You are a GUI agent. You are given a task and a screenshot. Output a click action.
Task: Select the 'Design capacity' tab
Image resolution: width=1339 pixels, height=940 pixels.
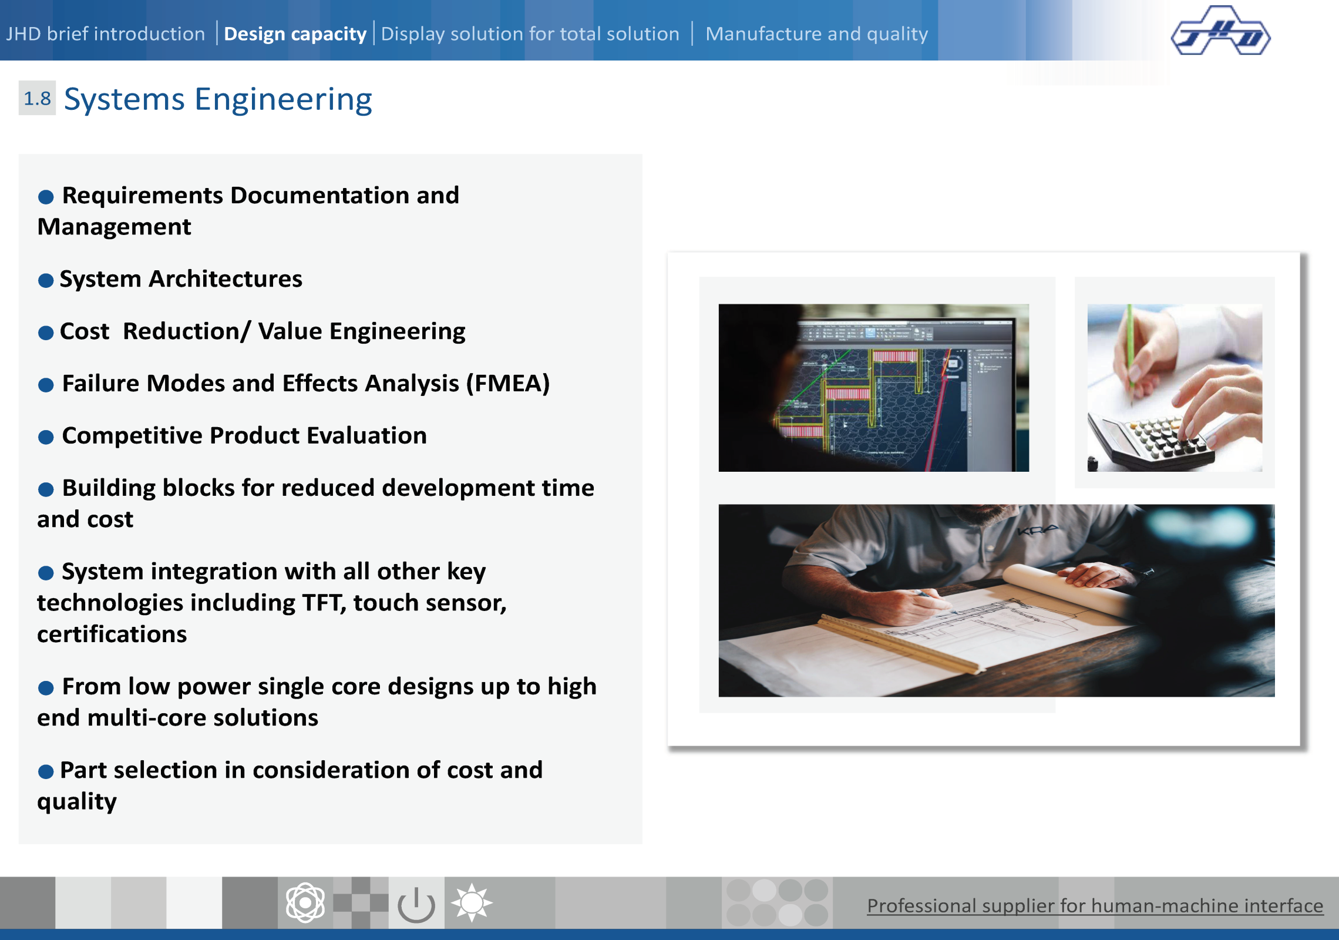(295, 34)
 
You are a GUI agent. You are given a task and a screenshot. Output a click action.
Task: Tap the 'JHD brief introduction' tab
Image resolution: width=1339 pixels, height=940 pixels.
(106, 33)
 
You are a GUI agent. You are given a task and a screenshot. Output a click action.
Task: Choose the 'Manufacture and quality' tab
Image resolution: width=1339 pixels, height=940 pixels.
(817, 34)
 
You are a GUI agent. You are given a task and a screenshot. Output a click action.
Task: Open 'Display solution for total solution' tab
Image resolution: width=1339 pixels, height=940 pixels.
(530, 34)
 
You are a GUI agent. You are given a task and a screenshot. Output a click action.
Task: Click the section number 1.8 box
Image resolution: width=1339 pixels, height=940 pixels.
(37, 98)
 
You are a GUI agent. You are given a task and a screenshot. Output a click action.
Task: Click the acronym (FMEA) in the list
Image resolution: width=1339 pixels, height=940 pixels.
(508, 384)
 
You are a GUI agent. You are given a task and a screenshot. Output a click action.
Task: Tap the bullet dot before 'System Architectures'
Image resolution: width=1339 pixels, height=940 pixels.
(46, 280)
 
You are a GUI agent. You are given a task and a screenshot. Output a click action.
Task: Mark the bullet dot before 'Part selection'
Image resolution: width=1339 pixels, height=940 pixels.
(46, 771)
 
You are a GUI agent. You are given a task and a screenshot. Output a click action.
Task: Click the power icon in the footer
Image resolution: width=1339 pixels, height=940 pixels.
(416, 904)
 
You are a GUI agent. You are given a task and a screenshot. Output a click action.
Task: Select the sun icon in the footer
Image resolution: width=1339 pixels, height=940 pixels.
(472, 902)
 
